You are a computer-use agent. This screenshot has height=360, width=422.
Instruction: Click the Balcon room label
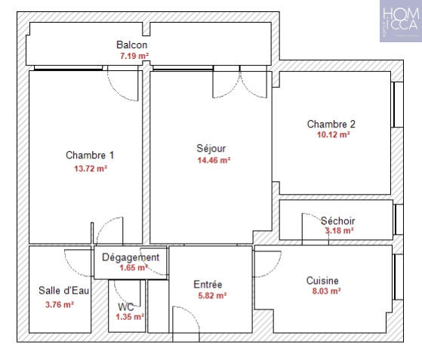(132, 45)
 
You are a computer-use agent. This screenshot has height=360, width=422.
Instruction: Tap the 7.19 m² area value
(133, 56)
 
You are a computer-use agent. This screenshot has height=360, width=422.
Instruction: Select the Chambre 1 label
(90, 155)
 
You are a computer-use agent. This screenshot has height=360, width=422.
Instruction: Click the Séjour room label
(211, 148)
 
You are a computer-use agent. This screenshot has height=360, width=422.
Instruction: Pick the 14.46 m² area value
(213, 160)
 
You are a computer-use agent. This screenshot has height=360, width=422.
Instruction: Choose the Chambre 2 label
(331, 124)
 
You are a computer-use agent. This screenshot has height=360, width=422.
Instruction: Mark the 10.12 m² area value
(333, 135)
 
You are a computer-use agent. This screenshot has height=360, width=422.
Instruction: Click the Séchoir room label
(337, 221)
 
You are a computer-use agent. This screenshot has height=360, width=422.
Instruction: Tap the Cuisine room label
(322, 281)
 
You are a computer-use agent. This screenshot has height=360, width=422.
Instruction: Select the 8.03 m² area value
(325, 291)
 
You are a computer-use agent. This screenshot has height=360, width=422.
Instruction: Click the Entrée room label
(208, 285)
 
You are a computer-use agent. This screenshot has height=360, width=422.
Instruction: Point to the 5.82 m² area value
(211, 296)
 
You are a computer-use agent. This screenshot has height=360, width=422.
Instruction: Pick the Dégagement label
(131, 257)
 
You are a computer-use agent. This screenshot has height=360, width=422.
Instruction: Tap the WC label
(125, 306)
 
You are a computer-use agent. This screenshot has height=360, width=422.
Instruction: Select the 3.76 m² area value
(60, 305)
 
